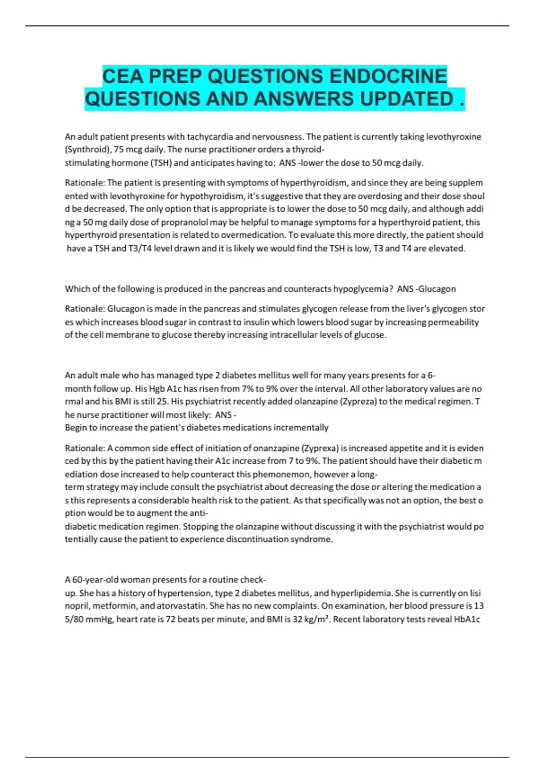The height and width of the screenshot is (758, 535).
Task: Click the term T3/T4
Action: pos(142,248)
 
